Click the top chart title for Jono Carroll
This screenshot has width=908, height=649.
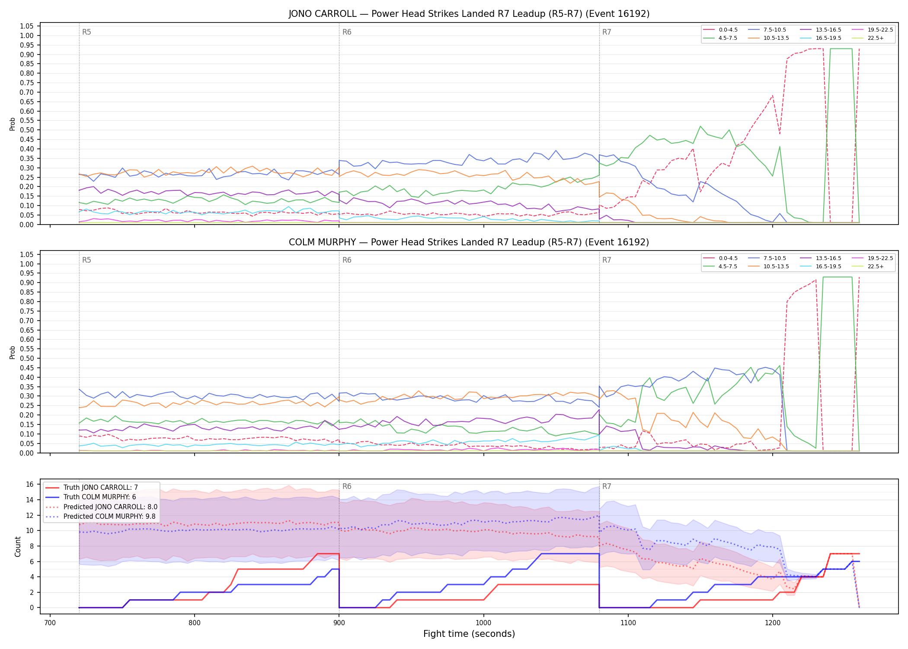(469, 14)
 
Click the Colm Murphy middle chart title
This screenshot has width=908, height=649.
(469, 242)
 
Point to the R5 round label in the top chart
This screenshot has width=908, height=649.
(86, 32)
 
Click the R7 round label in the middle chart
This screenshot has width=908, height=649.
(607, 260)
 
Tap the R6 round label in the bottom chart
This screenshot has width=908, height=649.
(347, 487)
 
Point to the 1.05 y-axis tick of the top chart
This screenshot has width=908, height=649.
(27, 26)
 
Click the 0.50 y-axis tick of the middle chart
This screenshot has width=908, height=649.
(27, 358)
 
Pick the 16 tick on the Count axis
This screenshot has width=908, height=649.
(30, 484)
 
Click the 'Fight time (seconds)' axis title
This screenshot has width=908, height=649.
(469, 634)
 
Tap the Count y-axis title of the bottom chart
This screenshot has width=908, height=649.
(18, 546)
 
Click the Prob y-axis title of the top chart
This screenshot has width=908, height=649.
(13, 124)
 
